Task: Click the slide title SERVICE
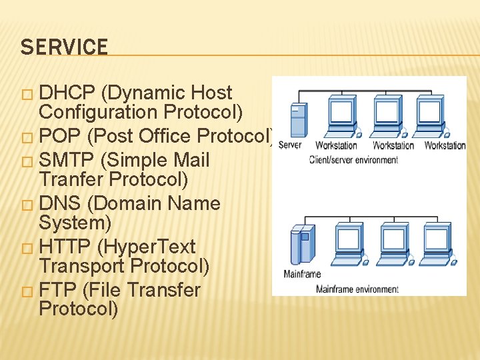[x=64, y=47]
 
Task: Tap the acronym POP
[x=60, y=137]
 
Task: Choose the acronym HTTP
[x=65, y=247]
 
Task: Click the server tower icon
[x=298, y=120]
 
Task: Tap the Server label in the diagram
[x=291, y=145]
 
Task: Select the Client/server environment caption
[x=353, y=160]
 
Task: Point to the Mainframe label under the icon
[x=302, y=274]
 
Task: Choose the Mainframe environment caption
[x=357, y=289]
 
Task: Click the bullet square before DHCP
[x=27, y=95]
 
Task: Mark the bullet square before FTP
[x=27, y=291]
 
